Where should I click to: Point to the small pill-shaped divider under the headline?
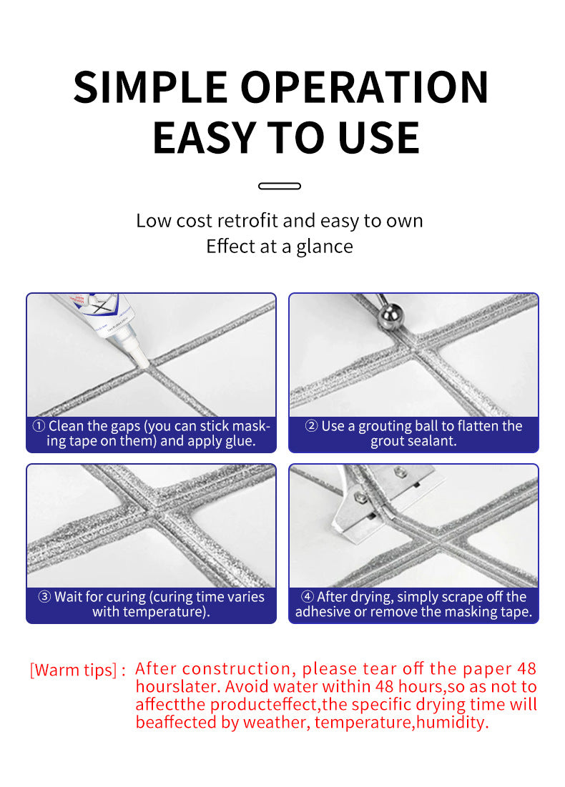279,187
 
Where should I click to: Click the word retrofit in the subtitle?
247,221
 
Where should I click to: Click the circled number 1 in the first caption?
39,426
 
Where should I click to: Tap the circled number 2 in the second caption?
311,426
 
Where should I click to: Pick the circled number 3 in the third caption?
44,597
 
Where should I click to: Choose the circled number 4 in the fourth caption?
308,597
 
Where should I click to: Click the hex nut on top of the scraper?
400,471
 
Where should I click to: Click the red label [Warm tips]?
74,670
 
